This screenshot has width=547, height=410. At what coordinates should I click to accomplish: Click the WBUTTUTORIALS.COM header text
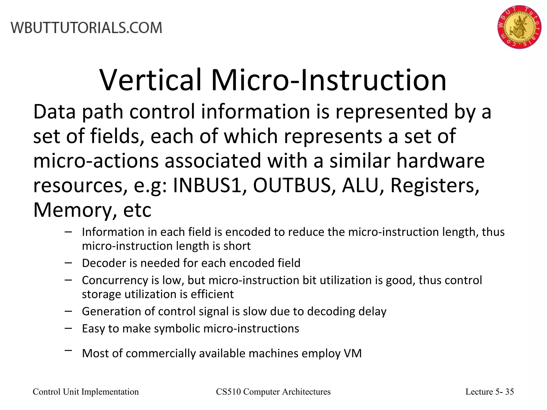point(86,28)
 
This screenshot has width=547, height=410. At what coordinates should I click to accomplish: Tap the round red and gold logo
point(519,27)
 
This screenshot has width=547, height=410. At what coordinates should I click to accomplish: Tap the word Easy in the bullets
point(93,329)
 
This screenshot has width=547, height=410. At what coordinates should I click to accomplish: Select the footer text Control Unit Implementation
point(86,392)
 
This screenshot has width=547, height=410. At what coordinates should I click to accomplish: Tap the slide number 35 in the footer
point(510,392)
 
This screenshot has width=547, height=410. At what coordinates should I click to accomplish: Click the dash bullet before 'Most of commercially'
point(68,350)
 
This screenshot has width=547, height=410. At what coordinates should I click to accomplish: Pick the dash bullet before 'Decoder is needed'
point(68,263)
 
